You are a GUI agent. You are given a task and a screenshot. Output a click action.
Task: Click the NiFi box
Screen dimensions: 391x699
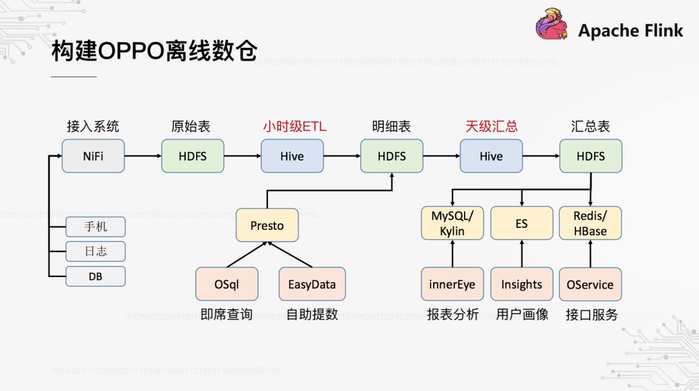click(x=93, y=156)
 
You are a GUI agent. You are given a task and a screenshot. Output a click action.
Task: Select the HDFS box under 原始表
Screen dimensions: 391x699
click(x=192, y=156)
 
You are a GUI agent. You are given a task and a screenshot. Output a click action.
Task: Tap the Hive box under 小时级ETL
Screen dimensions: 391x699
click(x=292, y=156)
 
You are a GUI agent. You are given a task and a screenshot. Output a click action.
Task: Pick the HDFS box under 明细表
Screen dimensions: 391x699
click(x=392, y=156)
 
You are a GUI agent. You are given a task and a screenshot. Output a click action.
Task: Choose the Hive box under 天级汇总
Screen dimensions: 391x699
click(x=491, y=156)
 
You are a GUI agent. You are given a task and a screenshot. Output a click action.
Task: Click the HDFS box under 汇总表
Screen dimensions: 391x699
click(x=590, y=156)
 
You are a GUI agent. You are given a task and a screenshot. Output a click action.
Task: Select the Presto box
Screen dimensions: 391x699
click(x=267, y=225)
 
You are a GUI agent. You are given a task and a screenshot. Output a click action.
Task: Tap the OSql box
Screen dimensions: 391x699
click(x=227, y=284)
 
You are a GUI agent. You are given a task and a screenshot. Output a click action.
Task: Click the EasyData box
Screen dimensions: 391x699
click(x=312, y=284)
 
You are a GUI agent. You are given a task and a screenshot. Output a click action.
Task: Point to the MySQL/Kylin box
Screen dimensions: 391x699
click(x=452, y=223)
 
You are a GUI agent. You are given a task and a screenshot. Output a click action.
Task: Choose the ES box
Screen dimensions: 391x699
click(x=522, y=223)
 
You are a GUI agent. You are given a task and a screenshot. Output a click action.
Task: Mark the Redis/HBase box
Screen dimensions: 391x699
click(x=590, y=223)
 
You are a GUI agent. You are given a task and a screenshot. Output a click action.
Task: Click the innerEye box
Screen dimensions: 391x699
click(x=452, y=284)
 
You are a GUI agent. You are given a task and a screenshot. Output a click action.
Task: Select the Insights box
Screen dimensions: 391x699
click(x=522, y=284)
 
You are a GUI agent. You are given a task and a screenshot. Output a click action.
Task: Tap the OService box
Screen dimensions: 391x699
click(x=590, y=284)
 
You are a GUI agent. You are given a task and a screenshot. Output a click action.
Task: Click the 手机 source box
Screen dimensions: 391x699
click(x=95, y=227)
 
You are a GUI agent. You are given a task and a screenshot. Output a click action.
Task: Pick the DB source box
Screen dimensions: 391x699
click(x=95, y=277)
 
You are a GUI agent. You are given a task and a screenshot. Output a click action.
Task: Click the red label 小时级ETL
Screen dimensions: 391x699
click(x=294, y=126)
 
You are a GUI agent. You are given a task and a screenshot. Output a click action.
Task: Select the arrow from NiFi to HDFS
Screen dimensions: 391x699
click(x=142, y=156)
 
